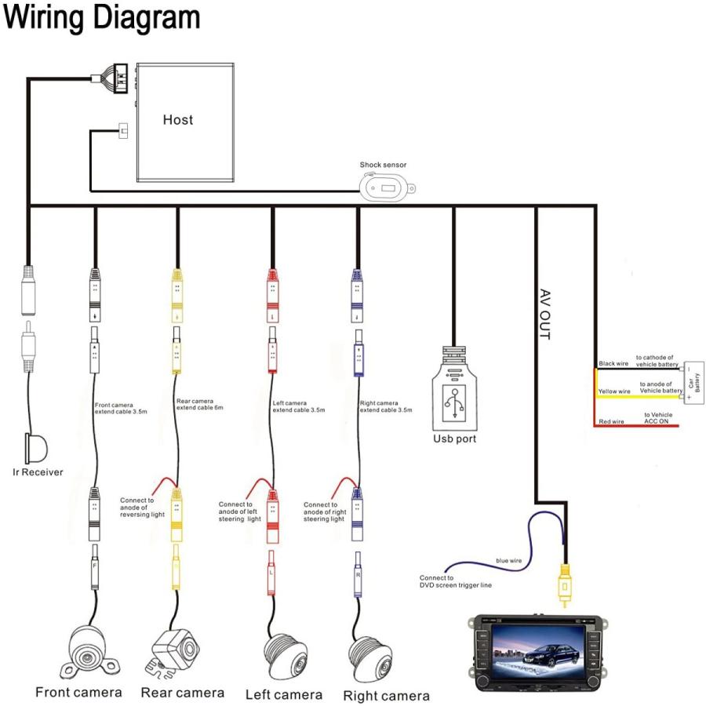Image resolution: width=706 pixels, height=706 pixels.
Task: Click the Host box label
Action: click(x=178, y=120)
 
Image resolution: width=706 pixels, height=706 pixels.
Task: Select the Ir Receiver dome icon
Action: click(x=36, y=448)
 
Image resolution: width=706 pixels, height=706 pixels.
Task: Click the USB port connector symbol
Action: click(x=454, y=388)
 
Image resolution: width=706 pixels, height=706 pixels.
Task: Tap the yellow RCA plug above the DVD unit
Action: click(x=564, y=585)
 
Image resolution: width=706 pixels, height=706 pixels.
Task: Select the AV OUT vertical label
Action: click(x=545, y=315)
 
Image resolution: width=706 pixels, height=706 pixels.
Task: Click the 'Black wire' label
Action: click(x=613, y=363)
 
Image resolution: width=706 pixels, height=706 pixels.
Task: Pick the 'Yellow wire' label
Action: click(x=614, y=391)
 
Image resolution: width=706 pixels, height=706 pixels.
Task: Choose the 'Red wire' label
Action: click(x=611, y=421)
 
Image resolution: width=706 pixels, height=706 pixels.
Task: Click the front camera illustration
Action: click(x=89, y=653)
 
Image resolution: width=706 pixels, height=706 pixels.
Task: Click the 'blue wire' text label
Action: click(x=509, y=561)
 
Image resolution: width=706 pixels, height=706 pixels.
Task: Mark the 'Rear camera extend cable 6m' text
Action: click(x=199, y=404)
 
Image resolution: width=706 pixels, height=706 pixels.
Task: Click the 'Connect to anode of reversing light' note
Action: click(x=142, y=508)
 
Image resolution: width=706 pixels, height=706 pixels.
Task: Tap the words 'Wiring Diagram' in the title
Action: click(x=101, y=17)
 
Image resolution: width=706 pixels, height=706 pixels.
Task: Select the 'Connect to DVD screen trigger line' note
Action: click(x=455, y=581)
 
